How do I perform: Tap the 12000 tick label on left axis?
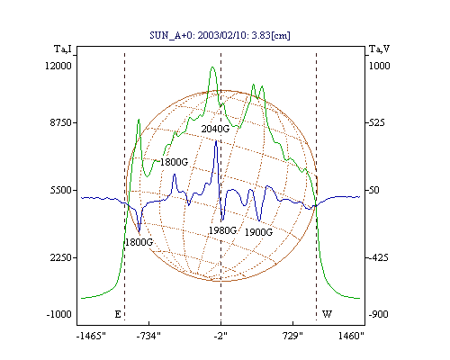(58, 66)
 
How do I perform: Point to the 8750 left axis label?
(61, 122)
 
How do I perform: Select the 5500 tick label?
(61, 190)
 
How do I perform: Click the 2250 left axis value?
(61, 257)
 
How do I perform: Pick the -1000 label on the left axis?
(58, 314)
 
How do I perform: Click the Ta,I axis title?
(63, 49)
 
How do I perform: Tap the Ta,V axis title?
(379, 49)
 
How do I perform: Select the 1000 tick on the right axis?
(379, 66)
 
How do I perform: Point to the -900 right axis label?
(378, 314)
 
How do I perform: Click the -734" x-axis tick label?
(148, 336)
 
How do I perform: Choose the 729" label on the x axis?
(292, 336)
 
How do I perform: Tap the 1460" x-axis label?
(351, 336)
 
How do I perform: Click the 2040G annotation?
(215, 129)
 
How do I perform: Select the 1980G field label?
(222, 230)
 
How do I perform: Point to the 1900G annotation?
(258, 232)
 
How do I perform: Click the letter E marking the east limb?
(118, 314)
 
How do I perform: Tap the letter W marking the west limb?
(327, 314)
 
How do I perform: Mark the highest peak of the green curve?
(212, 67)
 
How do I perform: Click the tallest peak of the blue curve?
(216, 141)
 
